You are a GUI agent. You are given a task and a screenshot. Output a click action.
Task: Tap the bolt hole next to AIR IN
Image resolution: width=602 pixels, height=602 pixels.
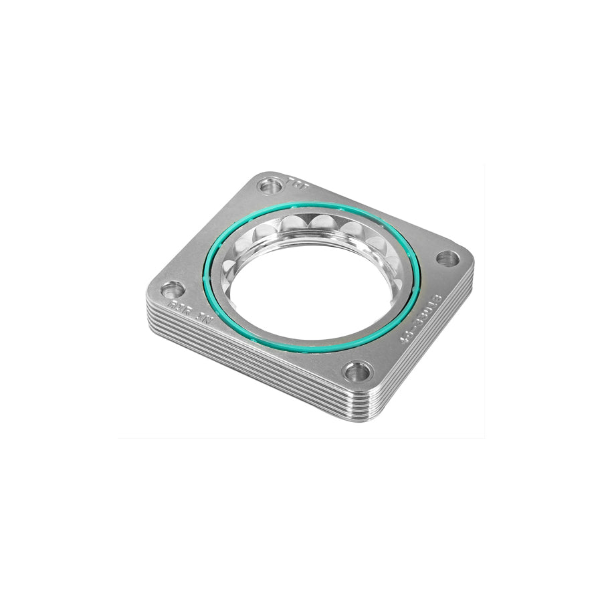tap(172, 290)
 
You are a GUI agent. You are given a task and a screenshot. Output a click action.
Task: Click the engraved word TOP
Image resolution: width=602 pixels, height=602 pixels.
tap(294, 181)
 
